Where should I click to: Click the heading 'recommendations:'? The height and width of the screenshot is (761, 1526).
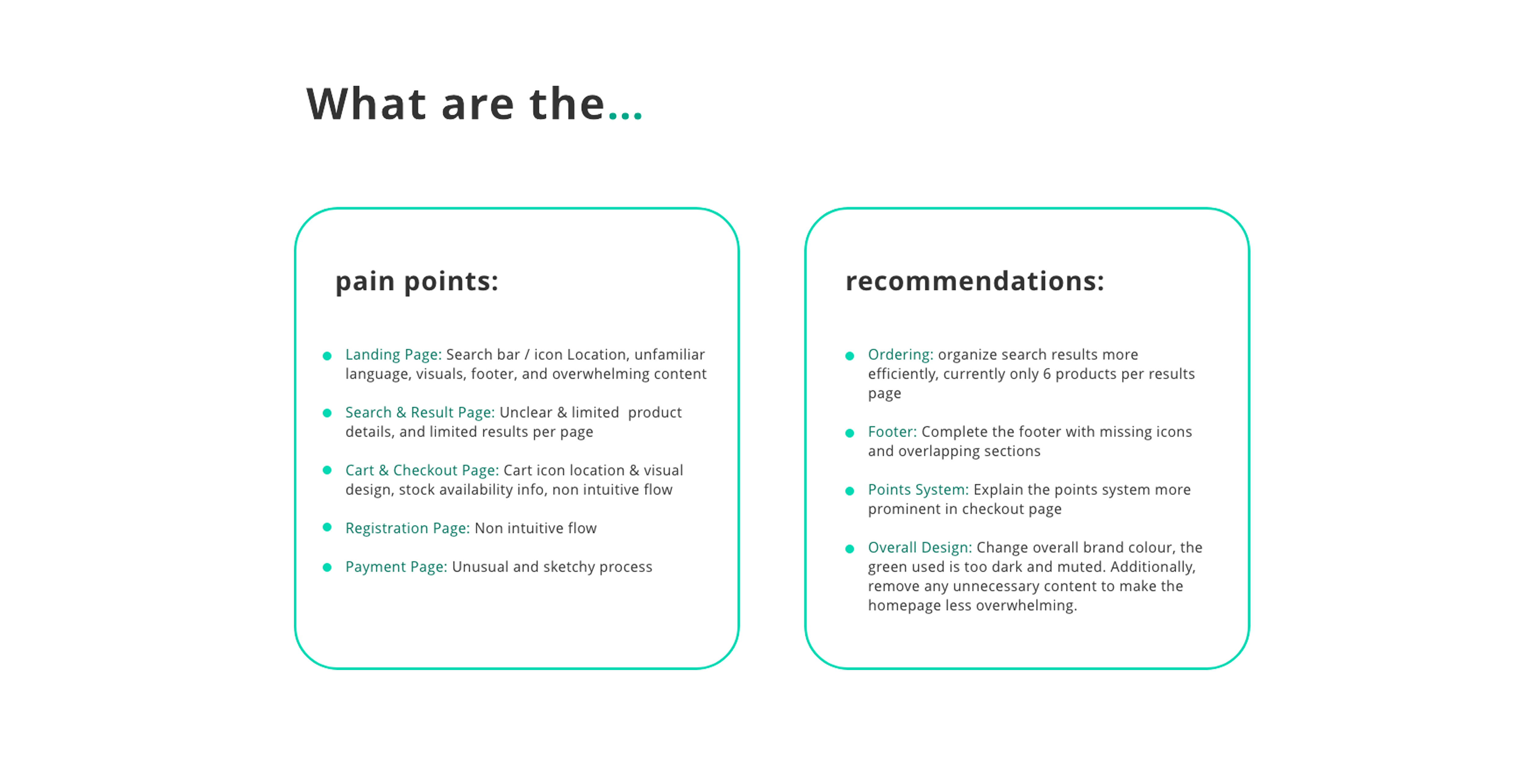(975, 281)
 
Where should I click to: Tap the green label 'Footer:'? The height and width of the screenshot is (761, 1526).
(892, 431)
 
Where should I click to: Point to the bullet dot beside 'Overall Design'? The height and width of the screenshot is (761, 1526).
(849, 549)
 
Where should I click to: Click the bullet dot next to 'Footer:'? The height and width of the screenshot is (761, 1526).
(849, 433)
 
